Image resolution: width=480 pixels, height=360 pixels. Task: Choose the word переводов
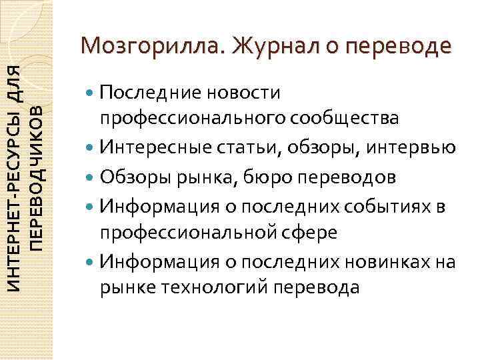[x=357, y=177]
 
